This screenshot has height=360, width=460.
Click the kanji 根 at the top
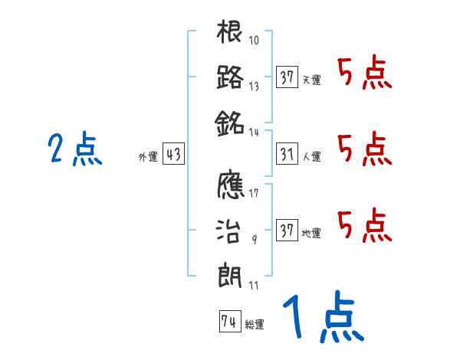coord(230,34)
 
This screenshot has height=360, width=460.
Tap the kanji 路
coord(230,77)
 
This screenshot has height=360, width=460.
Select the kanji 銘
coord(230,121)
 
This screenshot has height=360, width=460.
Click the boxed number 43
coord(173,155)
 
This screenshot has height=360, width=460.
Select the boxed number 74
coord(228,322)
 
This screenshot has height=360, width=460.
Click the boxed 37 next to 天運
coord(287,78)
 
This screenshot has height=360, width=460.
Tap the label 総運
coord(255,324)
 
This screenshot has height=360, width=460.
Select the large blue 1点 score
coord(322,318)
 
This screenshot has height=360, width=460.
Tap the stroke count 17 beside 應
coord(254,193)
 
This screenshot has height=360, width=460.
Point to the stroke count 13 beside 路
coord(254,86)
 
